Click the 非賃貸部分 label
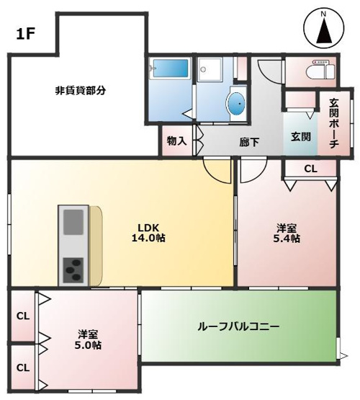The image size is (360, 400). tap(81, 91)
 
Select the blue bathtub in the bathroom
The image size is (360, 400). tap(170, 72)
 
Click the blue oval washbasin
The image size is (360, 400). tap(236, 104)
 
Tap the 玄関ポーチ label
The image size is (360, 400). tap(333, 124)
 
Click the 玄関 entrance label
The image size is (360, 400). tap(301, 137)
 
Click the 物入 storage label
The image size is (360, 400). tap(176, 141)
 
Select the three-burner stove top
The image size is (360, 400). tap(74, 270)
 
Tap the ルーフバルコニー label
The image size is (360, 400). tap(238, 326)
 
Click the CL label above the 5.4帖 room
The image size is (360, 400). tap(310, 169)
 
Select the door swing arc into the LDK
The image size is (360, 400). tap(215, 170)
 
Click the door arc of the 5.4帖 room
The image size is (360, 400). tap(251, 171)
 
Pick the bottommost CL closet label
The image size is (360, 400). tap(23, 368)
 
